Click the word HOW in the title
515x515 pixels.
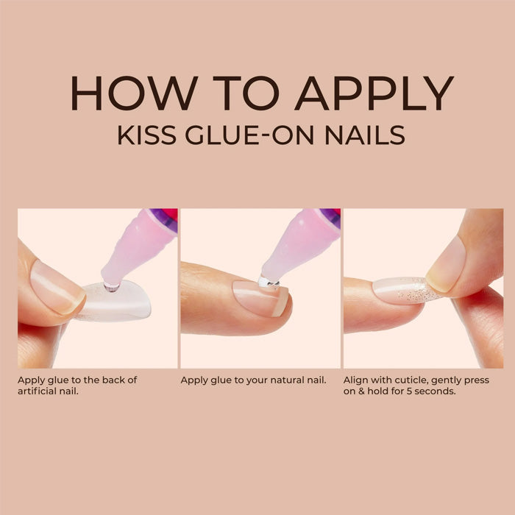click(135, 93)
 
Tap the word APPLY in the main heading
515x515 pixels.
click(374, 93)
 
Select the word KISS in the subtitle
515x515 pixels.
click(147, 135)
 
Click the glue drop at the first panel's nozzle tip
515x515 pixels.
click(112, 288)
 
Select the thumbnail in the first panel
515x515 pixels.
click(56, 288)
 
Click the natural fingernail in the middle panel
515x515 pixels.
click(261, 298)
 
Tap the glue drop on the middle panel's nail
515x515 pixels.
click(268, 282)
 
